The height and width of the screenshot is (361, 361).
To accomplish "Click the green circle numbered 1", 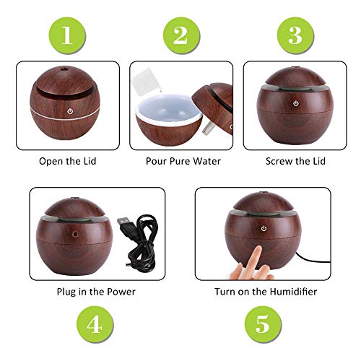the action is point(67,35).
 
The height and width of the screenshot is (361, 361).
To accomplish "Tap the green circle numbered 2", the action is point(181,35).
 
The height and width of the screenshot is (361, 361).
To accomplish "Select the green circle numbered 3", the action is point(295,35).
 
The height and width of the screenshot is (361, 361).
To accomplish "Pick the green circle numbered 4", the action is point(95,324).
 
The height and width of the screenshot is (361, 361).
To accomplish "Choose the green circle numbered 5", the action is point(263,324).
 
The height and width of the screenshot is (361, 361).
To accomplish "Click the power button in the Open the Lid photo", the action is point(70,111).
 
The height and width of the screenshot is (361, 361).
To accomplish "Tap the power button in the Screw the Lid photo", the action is point(296,103).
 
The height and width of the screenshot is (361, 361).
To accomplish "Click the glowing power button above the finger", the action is point(264,228).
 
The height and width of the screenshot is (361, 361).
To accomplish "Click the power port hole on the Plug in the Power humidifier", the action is point(76,234).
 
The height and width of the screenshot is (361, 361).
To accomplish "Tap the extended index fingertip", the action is point(258,248).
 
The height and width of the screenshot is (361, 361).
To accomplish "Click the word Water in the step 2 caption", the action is point(207,161).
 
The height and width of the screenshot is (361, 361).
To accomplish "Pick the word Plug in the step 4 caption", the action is point(66,292).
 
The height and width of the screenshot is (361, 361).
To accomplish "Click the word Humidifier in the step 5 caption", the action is point(293,292).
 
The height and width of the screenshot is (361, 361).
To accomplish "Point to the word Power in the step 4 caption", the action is point(121,292).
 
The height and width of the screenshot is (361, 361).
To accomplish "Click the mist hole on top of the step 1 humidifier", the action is point(64,69).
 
